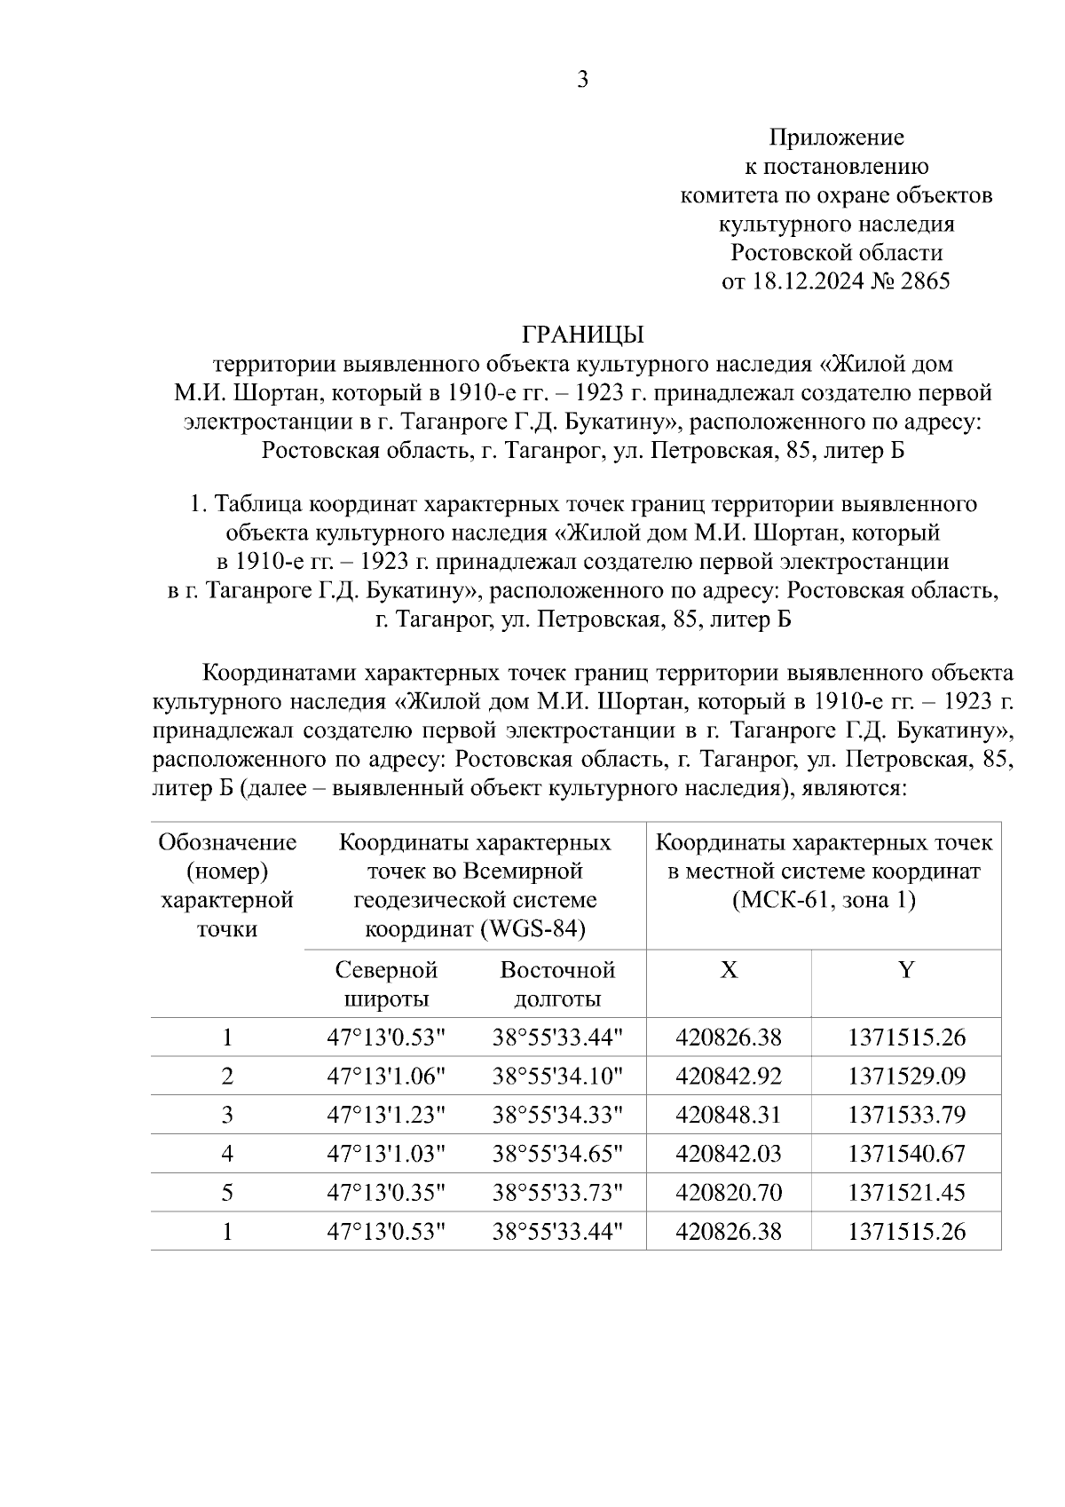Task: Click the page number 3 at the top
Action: click(x=582, y=80)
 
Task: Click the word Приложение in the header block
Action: click(x=836, y=137)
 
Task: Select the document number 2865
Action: click(x=925, y=281)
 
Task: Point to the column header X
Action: click(x=728, y=970)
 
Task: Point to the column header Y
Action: click(x=905, y=970)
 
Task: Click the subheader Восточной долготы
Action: click(x=557, y=984)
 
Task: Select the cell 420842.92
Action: click(x=729, y=1077)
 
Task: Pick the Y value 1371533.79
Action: click(x=906, y=1115)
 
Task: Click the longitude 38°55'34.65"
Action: click(x=558, y=1154)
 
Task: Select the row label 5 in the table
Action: click(x=227, y=1192)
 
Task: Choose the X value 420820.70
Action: click(x=729, y=1192)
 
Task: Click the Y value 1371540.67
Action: click(x=906, y=1154)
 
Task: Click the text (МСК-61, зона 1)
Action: click(x=824, y=900)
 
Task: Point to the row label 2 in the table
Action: click(x=227, y=1077)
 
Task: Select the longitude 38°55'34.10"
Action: click(x=558, y=1077)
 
